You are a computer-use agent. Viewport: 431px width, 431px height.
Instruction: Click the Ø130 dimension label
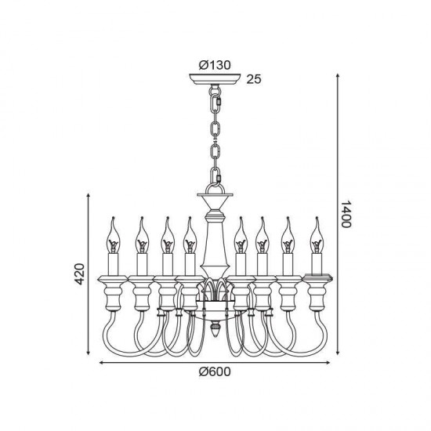pyautogui.click(x=215, y=65)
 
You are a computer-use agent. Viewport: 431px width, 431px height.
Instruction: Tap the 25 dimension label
pyautogui.click(x=254, y=79)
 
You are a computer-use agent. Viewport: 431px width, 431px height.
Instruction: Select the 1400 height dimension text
pyautogui.click(x=346, y=214)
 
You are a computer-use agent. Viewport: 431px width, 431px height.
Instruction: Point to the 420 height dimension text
pyautogui.click(x=79, y=273)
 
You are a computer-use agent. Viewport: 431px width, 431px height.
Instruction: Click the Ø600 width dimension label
pyautogui.click(x=215, y=371)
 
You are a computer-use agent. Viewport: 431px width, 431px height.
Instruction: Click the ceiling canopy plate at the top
pyautogui.click(x=215, y=79)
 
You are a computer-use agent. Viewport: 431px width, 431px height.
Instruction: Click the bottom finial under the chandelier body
pyautogui.click(x=215, y=329)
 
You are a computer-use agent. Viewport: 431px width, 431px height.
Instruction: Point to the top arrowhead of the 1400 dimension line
pyautogui.click(x=338, y=76)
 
